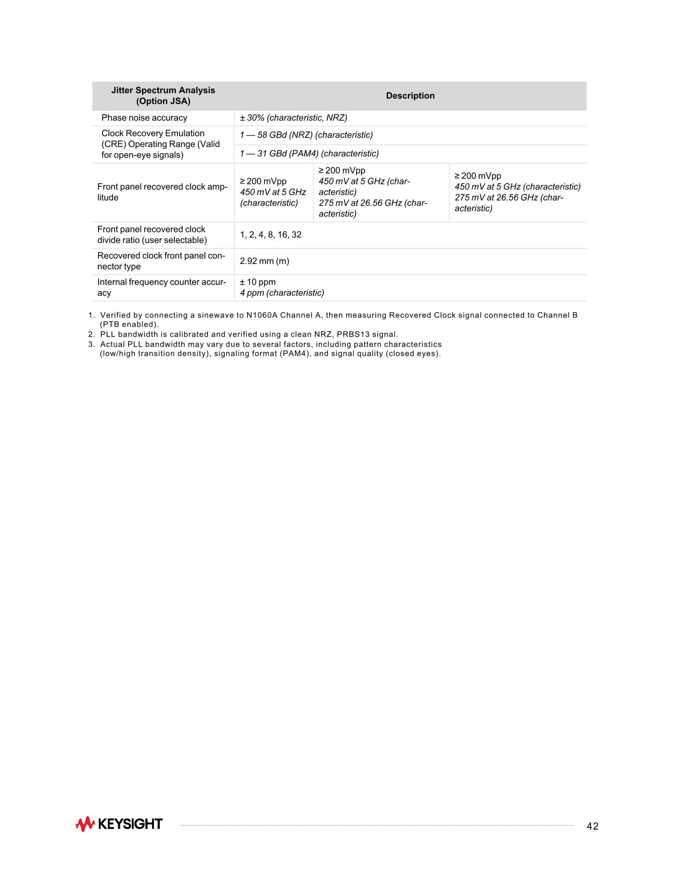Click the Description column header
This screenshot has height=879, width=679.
pyautogui.click(x=410, y=96)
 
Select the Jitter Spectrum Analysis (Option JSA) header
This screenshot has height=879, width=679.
pyautogui.click(x=163, y=96)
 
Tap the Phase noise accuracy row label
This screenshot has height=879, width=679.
pyautogui.click(x=144, y=118)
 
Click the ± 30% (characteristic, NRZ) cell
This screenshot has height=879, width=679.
pyautogui.click(x=293, y=118)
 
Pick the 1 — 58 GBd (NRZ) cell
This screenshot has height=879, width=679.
pyautogui.click(x=306, y=135)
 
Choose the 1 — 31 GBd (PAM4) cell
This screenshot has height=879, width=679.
pyautogui.click(x=309, y=154)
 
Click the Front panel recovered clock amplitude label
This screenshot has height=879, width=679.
pyautogui.click(x=162, y=193)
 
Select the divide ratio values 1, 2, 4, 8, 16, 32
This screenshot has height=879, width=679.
pyautogui.click(x=270, y=235)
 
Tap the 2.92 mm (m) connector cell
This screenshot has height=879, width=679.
pyautogui.click(x=264, y=262)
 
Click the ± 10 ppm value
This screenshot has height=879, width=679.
pyautogui.click(x=258, y=282)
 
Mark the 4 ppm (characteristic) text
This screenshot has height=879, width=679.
pyautogui.click(x=282, y=293)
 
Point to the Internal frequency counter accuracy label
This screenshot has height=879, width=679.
pyautogui.click(x=161, y=288)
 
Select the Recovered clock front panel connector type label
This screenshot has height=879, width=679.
pyautogui.click(x=161, y=261)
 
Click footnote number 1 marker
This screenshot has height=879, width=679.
pyautogui.click(x=91, y=316)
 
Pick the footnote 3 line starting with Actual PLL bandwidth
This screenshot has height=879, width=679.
pyautogui.click(x=270, y=345)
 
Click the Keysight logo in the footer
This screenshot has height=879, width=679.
pyautogui.click(x=119, y=824)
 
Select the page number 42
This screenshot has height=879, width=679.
pyautogui.click(x=592, y=826)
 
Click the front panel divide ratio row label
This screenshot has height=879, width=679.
pyautogui.click(x=152, y=235)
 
